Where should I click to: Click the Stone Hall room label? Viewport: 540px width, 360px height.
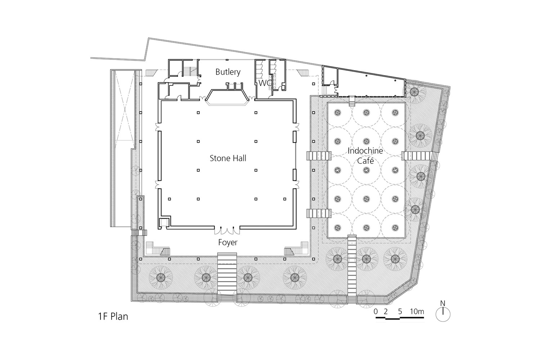(228, 158)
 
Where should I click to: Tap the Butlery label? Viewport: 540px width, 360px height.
(228, 72)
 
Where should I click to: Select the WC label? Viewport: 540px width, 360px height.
(265, 83)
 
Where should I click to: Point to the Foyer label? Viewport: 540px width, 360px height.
(228, 242)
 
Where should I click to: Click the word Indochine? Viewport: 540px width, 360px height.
(365, 151)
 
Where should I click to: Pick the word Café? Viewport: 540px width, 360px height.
(366, 161)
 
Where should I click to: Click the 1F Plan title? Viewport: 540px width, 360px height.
(113, 316)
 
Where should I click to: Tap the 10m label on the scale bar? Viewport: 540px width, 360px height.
(417, 311)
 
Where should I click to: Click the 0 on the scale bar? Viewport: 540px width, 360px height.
(376, 311)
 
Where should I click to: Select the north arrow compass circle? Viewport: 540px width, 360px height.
(443, 314)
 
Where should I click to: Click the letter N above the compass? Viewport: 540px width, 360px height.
(443, 303)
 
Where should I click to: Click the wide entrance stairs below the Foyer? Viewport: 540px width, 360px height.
(227, 277)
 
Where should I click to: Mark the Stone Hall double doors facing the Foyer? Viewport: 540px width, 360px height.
(227, 230)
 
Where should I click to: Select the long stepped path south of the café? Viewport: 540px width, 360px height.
(352, 269)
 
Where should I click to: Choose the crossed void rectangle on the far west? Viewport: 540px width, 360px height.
(125, 105)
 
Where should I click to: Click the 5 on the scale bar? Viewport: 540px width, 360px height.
(400, 311)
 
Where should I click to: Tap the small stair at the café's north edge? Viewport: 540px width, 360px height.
(352, 101)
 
